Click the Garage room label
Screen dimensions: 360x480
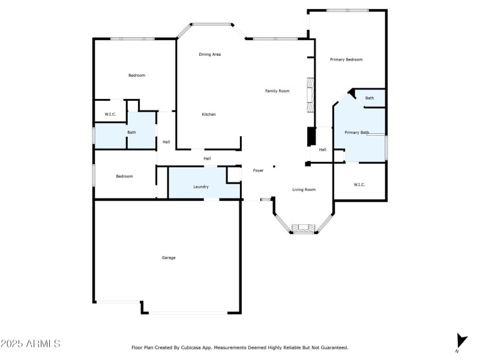[x=169, y=257]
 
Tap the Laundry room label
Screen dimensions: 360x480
[x=201, y=187]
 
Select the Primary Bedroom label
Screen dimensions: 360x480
[x=346, y=59]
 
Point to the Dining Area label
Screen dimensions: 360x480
[x=210, y=55]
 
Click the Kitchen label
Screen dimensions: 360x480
[x=208, y=115]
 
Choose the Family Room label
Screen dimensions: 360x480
[x=277, y=91]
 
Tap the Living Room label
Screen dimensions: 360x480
[x=304, y=190]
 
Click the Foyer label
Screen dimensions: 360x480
[x=258, y=171]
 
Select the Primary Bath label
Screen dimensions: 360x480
[x=356, y=133]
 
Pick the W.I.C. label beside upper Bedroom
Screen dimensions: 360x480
[x=110, y=115]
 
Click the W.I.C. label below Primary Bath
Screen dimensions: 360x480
[x=359, y=185]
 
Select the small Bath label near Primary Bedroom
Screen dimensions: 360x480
[x=370, y=98]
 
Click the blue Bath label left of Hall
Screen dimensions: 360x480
[x=131, y=133]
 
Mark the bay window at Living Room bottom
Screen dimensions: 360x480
[x=303, y=229]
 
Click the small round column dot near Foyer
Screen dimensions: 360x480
[x=274, y=167]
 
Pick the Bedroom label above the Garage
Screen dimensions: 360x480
[x=124, y=176]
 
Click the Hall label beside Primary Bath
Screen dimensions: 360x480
[x=322, y=150]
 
